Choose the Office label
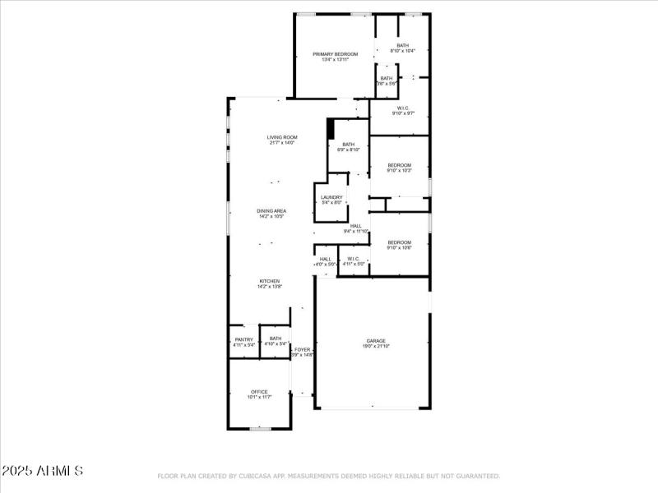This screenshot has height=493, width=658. pyautogui.click(x=259, y=394)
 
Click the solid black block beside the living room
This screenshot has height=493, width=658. pyautogui.click(x=331, y=129)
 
